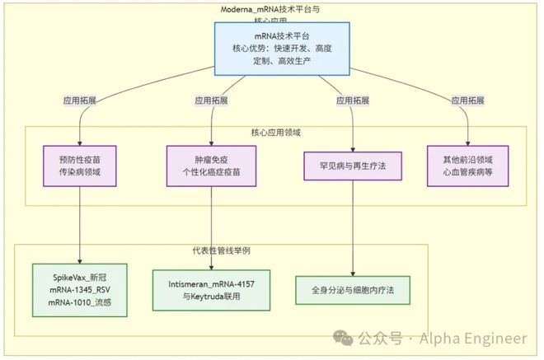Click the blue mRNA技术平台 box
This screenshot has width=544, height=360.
coord(283,49)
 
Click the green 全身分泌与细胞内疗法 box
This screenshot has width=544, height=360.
coord(353,291)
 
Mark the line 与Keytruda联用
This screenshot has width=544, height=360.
coord(213,295)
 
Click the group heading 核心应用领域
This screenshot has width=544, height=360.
coord(275,132)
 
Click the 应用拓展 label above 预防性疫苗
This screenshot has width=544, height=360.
coord(80,101)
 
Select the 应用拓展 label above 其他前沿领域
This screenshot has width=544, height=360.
coord(468,101)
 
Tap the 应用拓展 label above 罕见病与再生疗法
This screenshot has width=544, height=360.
coord(353,101)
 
